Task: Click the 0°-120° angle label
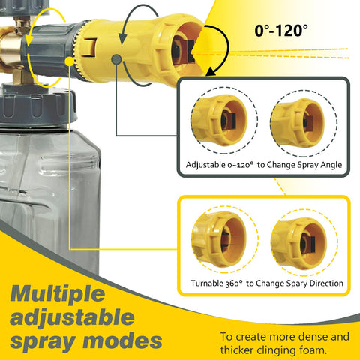(281, 31)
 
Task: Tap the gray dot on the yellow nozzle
(116, 59)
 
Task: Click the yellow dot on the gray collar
(70, 61)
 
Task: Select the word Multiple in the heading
(58, 293)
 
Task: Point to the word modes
(122, 340)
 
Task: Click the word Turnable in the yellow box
(207, 283)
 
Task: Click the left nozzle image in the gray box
(219, 121)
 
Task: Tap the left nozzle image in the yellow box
(219, 239)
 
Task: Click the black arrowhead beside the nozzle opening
(211, 71)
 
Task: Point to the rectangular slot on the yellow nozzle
(89, 48)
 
